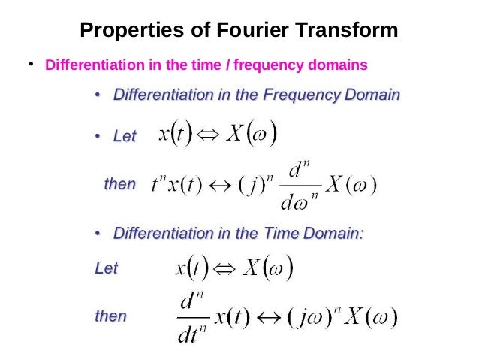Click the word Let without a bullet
coord(107,268)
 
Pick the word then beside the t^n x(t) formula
coord(119,184)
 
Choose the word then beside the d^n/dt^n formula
coord(110,316)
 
